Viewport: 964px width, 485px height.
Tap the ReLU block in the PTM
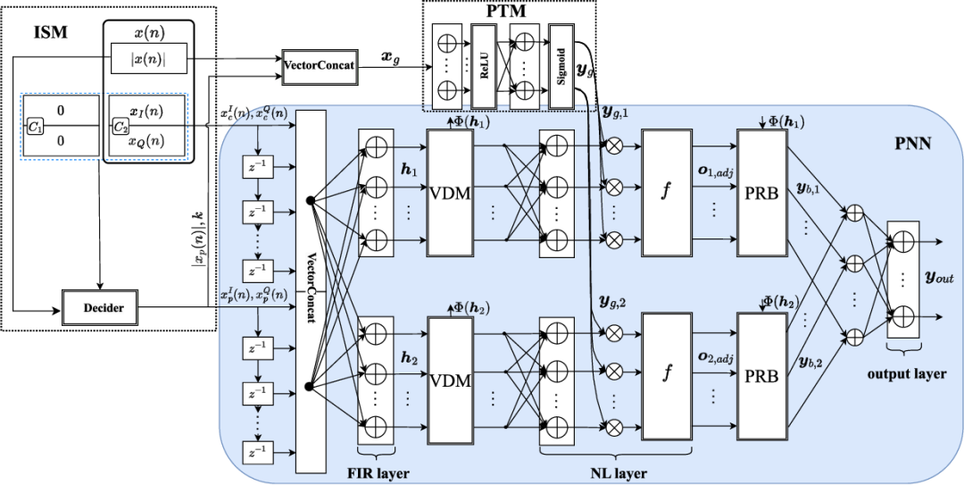pyautogui.click(x=483, y=66)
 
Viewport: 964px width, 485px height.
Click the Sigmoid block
pyautogui.click(x=560, y=66)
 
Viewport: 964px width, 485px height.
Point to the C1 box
pyautogui.click(x=37, y=128)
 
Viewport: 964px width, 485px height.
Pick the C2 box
pyautogui.click(x=120, y=128)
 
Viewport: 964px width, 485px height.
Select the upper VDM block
pyautogui.click(x=451, y=193)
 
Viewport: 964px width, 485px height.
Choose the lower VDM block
pyautogui.click(x=451, y=379)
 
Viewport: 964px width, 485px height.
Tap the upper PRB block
pyautogui.click(x=762, y=193)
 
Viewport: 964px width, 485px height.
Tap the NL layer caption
pyautogui.click(x=623, y=473)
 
